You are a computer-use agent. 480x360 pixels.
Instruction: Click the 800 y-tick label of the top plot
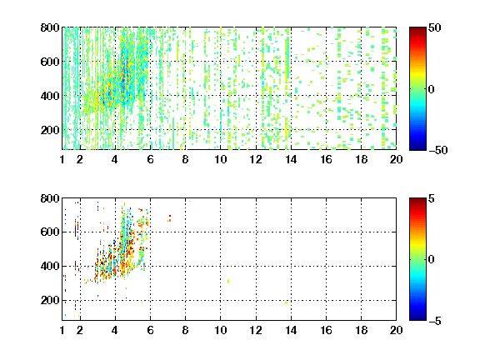click(50, 27)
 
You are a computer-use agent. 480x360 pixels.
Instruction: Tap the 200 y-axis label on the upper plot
click(50, 130)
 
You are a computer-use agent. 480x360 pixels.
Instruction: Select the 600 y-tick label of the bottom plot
click(50, 232)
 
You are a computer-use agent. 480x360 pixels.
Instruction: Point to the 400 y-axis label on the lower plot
click(50, 266)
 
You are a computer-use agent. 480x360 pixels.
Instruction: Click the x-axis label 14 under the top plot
click(291, 159)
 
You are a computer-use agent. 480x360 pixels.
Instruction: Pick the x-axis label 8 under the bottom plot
click(185, 330)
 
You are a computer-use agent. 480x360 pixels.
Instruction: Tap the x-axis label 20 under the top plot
click(396, 159)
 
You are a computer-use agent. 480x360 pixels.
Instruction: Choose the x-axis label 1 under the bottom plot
click(62, 330)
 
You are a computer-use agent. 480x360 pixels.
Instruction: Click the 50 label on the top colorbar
click(434, 27)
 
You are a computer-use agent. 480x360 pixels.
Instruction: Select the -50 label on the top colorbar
click(438, 150)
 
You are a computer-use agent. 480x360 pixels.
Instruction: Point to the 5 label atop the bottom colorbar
click(432, 198)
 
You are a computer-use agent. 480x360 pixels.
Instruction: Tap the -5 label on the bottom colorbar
click(435, 321)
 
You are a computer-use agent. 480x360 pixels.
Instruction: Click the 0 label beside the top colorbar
click(432, 89)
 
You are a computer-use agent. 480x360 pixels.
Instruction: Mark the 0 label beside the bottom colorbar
click(432, 260)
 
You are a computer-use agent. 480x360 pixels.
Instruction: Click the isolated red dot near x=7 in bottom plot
click(170, 217)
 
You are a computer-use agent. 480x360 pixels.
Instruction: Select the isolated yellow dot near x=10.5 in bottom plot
click(228, 281)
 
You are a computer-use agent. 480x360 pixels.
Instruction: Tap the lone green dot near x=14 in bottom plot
click(286, 302)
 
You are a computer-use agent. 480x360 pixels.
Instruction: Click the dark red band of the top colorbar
click(417, 31)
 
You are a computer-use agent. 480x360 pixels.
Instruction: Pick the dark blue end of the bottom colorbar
click(417, 317)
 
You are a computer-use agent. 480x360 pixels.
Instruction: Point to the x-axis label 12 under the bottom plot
click(256, 330)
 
